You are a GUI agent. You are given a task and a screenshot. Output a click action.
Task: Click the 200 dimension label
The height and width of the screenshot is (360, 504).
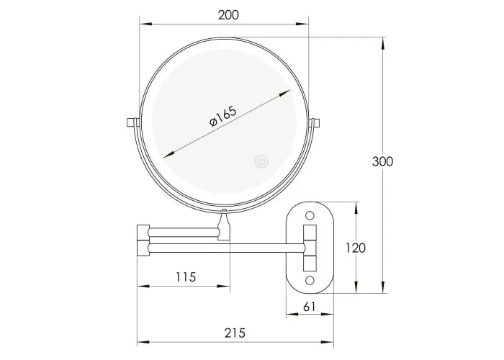228,15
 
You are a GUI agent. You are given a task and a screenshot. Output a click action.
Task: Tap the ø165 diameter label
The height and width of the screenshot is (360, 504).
222,116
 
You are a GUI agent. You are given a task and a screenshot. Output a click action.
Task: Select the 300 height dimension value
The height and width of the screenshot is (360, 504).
382,161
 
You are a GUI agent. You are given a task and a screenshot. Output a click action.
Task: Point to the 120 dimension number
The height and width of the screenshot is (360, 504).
356,248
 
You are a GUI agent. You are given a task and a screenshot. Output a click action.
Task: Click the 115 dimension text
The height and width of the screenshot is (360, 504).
186,276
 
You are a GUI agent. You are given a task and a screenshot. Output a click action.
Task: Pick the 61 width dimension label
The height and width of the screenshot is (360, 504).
309,307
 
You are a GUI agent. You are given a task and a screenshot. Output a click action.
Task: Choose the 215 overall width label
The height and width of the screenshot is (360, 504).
235,333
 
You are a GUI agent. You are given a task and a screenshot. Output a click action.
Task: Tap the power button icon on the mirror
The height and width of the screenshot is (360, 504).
261,161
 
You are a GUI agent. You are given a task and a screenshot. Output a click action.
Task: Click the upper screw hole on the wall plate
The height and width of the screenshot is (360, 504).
310,215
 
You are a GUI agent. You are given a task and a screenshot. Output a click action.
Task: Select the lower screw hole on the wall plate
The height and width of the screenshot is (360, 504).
310,281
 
